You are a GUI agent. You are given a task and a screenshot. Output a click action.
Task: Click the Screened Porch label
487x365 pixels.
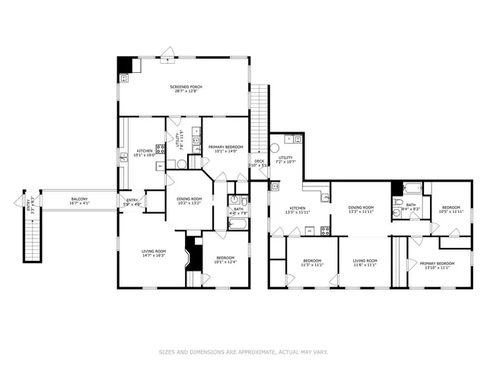(x=184, y=87)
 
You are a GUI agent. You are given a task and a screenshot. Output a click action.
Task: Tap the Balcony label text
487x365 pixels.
(x=80, y=199)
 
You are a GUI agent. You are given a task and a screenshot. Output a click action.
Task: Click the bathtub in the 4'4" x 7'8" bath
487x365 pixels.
(x=235, y=223)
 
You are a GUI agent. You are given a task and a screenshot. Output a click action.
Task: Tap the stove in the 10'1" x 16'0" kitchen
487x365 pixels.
(x=161, y=148)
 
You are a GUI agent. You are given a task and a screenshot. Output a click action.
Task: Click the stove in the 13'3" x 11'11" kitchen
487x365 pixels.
(x=326, y=228)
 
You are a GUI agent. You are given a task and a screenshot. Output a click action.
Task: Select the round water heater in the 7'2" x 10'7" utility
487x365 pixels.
(x=275, y=149)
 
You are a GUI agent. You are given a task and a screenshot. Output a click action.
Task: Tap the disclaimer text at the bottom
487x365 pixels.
(x=243, y=352)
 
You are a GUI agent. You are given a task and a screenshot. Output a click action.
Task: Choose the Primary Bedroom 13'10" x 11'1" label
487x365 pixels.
(x=438, y=264)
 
